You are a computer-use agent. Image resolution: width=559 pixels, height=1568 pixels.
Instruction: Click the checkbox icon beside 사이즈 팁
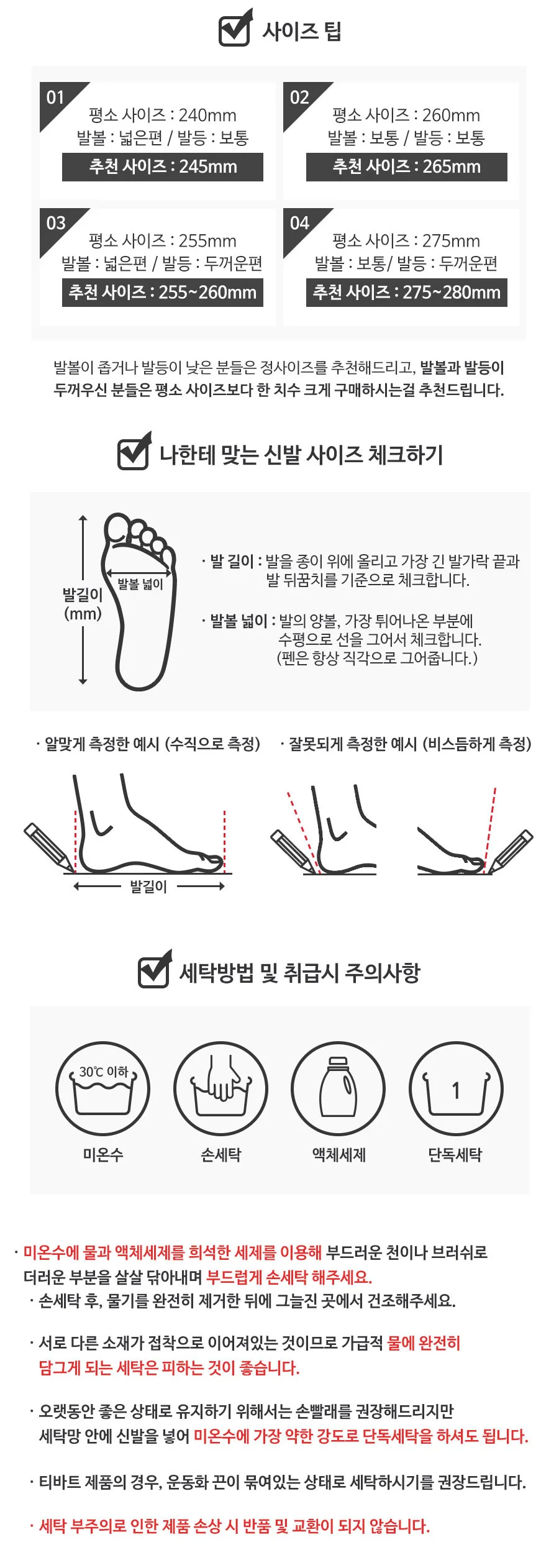235,28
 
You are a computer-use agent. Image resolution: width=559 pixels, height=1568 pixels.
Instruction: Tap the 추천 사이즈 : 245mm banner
163,166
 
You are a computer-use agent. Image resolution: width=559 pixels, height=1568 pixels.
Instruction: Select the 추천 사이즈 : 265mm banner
406,166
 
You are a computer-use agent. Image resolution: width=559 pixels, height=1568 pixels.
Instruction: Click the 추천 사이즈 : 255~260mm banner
163,292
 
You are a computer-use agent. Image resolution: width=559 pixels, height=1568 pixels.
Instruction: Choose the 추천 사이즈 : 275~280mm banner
406,292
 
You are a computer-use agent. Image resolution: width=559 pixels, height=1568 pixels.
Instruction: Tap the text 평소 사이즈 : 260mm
406,115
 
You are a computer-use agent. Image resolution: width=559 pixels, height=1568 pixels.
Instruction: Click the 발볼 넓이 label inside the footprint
140,583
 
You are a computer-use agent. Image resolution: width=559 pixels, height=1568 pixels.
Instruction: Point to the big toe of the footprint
117,530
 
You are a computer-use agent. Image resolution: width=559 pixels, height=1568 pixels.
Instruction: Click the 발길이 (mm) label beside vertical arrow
82,604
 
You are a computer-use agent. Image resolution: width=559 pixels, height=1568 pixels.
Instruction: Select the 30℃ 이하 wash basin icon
103,1088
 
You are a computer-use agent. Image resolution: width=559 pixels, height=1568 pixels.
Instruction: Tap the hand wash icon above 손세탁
220,1088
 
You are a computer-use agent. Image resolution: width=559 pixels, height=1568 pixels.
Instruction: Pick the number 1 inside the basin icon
456,1090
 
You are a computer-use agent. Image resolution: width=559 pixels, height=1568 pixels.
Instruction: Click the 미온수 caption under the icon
103,1154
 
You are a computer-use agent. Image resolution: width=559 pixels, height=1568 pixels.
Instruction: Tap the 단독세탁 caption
455,1154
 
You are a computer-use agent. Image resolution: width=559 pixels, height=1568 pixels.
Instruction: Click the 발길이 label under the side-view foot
148,887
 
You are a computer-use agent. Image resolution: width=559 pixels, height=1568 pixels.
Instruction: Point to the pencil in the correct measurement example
48,847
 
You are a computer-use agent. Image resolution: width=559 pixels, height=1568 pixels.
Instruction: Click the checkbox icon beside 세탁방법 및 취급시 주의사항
154,969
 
